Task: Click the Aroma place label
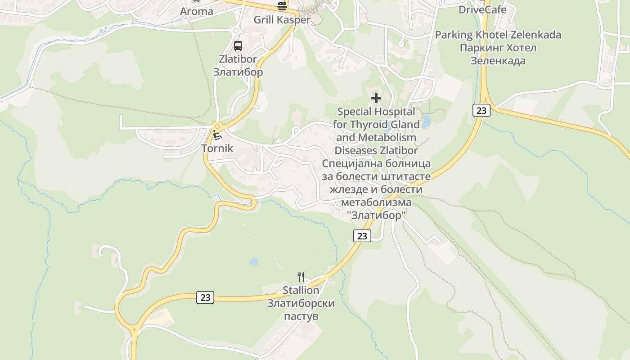coord(197,12)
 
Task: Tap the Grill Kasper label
coord(282,20)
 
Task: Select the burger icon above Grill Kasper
coord(282,6)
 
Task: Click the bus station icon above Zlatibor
coord(238,45)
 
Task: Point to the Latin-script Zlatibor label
coord(238,59)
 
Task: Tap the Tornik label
coord(217,148)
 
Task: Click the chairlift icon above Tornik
coord(217,135)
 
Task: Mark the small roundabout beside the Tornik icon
coord(217,126)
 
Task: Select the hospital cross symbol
coord(376,98)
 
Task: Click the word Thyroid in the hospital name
coord(376,124)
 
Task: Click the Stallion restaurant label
coord(301,290)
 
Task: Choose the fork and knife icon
coord(301,276)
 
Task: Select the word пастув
coord(301,316)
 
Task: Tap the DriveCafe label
coord(482,9)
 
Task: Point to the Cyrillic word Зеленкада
coord(498,61)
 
